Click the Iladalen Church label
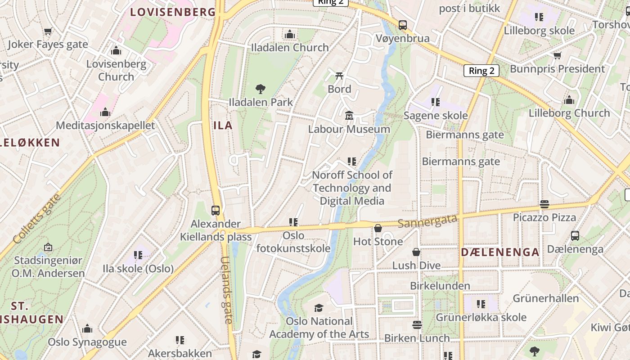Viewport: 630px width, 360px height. tap(290, 47)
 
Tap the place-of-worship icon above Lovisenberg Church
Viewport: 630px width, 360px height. tap(116, 51)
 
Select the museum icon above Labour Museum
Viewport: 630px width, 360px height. tap(349, 116)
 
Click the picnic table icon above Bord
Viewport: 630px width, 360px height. tap(339, 76)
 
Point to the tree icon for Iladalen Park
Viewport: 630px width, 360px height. tap(260, 89)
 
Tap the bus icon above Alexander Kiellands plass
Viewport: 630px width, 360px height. tap(216, 210)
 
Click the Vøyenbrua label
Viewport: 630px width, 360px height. tap(403, 38)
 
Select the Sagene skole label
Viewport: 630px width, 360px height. tap(436, 115)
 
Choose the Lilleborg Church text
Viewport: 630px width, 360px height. tap(569, 113)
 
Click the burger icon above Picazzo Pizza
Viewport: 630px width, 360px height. tap(544, 204)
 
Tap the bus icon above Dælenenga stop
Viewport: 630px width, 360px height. tap(575, 236)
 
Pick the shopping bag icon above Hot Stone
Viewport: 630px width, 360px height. tap(378, 228)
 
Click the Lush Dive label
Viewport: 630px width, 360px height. tap(416, 265)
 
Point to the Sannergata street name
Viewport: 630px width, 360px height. tap(427, 220)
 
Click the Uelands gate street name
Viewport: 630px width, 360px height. tap(228, 290)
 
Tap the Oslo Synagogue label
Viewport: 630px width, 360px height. tap(87, 342)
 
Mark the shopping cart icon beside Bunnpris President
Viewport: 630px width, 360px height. tap(557, 55)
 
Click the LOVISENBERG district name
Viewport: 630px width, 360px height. tap(173, 12)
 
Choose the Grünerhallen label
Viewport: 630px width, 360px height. tap(546, 298)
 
